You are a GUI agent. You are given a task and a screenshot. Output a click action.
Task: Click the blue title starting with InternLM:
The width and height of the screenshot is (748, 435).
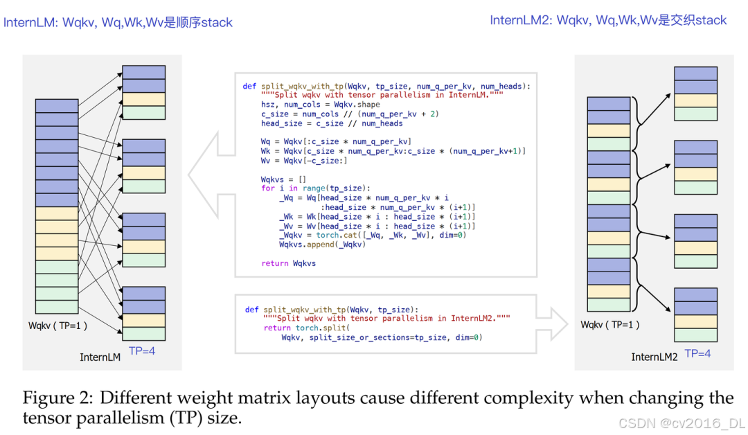pos(118,22)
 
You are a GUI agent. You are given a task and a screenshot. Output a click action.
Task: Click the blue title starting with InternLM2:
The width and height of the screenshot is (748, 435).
pos(608,20)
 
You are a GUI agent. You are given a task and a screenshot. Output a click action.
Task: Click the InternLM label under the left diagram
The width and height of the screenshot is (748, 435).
pos(100,357)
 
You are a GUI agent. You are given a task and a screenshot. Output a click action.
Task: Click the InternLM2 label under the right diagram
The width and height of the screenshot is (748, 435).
pos(654,357)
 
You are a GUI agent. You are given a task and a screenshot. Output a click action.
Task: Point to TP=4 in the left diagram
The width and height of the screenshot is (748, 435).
pos(143,351)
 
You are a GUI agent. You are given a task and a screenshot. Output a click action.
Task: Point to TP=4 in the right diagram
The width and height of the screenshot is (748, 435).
pos(698,353)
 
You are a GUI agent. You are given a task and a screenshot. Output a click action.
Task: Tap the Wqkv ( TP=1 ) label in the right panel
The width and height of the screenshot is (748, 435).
pos(610,324)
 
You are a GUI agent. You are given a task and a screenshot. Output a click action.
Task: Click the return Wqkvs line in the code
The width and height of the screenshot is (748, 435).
pos(289,263)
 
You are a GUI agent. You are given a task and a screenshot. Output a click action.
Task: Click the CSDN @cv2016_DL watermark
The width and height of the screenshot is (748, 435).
pos(682,423)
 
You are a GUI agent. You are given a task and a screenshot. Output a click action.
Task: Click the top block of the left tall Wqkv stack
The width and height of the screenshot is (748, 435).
pos(57,105)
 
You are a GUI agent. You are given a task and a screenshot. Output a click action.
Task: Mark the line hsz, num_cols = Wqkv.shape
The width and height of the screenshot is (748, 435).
pos(320,105)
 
